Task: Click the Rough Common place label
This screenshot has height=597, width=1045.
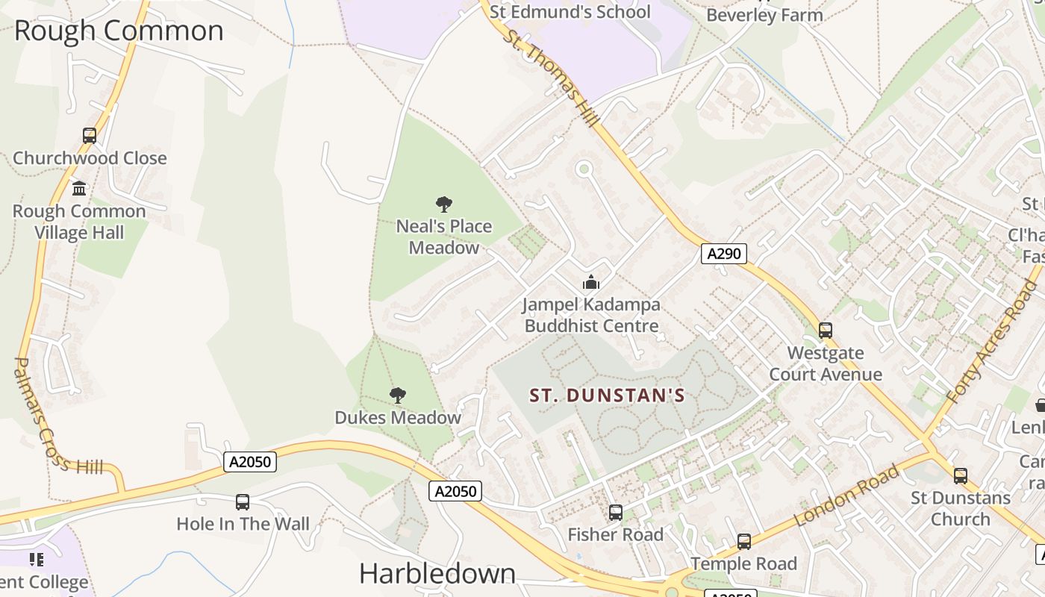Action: tap(119, 31)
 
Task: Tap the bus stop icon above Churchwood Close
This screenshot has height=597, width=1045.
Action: tap(90, 136)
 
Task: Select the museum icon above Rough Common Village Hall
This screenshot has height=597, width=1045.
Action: tap(79, 188)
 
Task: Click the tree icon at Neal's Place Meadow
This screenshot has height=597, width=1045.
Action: tap(444, 204)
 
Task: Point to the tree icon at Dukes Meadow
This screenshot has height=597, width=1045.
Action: tap(398, 396)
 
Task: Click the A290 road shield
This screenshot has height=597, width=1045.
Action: tap(723, 254)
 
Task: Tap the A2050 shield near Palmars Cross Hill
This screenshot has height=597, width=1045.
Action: tap(250, 462)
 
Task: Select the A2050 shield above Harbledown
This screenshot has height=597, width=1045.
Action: tap(455, 490)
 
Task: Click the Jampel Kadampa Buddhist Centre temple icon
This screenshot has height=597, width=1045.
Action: tap(591, 282)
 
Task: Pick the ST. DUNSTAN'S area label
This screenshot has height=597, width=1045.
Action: tap(607, 396)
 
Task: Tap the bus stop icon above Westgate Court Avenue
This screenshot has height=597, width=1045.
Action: tap(826, 330)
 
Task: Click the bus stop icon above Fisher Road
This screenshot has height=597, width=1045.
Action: tap(616, 513)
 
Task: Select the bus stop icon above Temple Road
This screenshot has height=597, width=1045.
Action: tap(744, 542)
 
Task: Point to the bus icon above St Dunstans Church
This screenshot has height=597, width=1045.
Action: tap(961, 475)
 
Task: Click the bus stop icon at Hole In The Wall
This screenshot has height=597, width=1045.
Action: tap(243, 502)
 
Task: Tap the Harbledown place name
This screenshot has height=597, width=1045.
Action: tap(437, 573)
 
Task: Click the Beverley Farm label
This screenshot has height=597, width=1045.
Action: tap(764, 15)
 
